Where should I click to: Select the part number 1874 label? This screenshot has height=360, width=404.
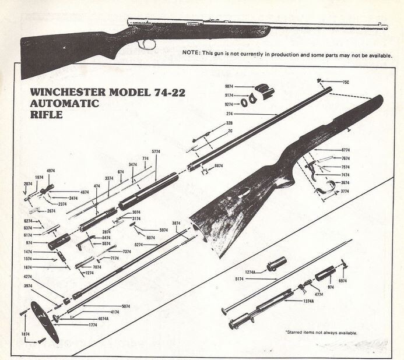click(26, 334)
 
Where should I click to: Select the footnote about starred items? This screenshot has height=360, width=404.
click(321, 333)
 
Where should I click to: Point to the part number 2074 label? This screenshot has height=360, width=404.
click(29, 183)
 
